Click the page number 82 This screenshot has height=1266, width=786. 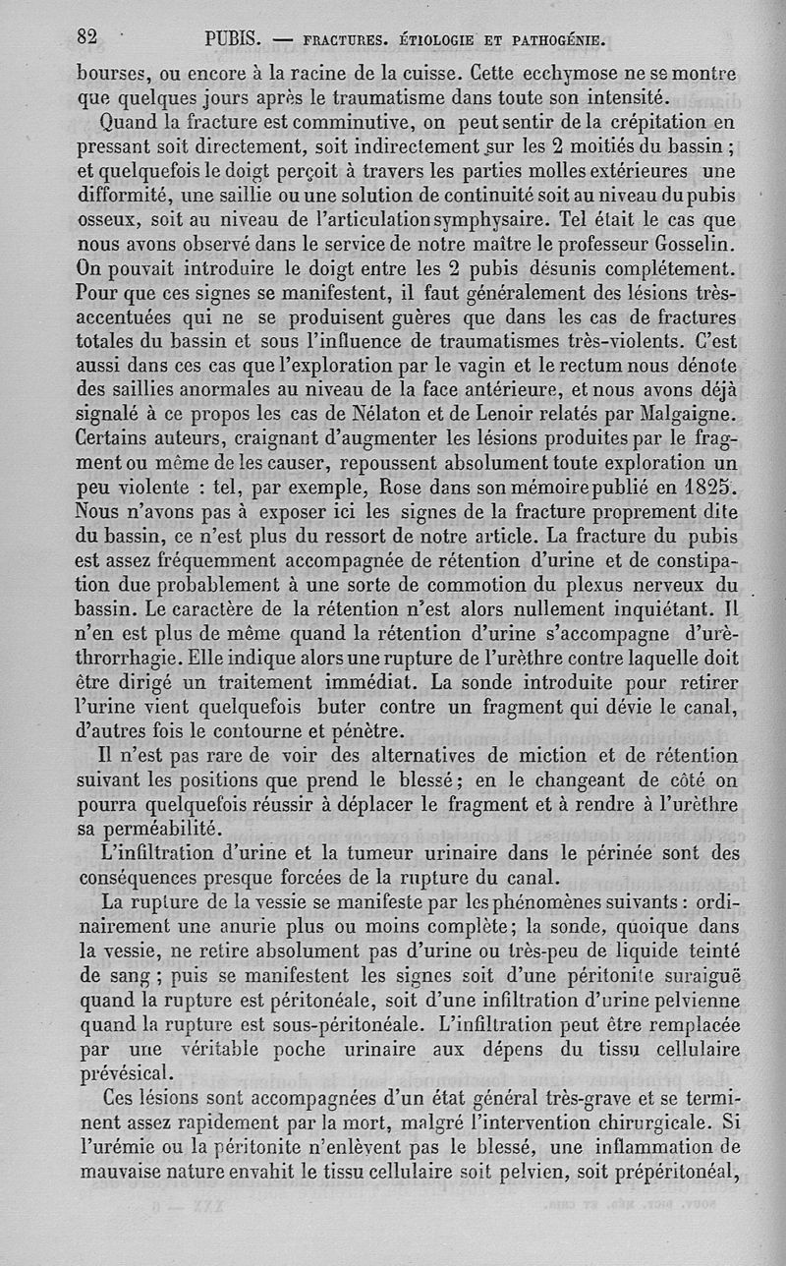click(x=89, y=37)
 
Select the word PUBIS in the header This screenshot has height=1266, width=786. click(x=232, y=40)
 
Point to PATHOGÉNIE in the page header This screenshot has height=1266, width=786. click(x=548, y=40)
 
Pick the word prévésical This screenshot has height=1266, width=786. click(x=125, y=1071)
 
